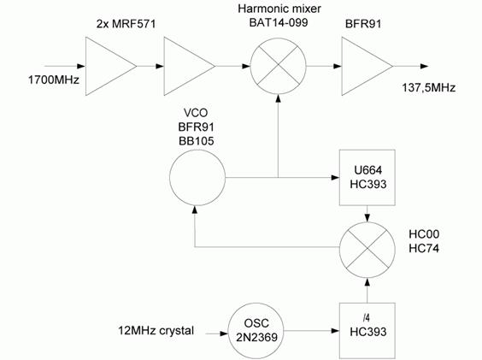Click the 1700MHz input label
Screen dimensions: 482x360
click(x=54, y=80)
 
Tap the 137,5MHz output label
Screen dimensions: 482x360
click(x=429, y=88)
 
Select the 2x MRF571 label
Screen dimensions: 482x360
click(x=126, y=24)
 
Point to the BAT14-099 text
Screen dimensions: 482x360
click(x=279, y=23)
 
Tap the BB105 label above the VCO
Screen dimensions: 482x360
click(x=196, y=141)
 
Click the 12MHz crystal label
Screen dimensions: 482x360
click(x=156, y=331)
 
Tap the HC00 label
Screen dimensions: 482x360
click(x=424, y=234)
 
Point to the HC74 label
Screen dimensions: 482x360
click(x=424, y=248)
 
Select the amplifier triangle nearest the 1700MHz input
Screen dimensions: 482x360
click(x=85, y=66)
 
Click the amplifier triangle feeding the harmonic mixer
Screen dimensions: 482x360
click(x=164, y=66)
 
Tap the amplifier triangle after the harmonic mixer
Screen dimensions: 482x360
click(x=342, y=66)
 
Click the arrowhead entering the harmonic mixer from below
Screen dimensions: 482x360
click(x=279, y=97)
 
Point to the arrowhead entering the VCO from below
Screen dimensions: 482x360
click(x=194, y=210)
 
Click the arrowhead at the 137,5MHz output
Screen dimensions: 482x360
click(x=425, y=66)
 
